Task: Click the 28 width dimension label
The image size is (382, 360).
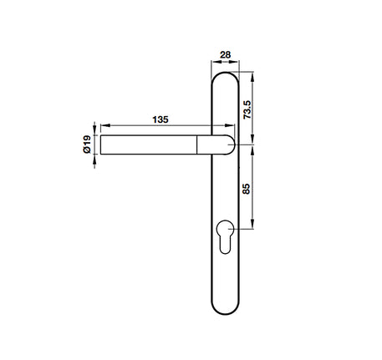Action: tap(224, 55)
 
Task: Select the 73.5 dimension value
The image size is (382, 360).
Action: tap(246, 109)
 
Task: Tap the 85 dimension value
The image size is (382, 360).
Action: tap(246, 188)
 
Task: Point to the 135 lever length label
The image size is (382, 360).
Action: tap(160, 120)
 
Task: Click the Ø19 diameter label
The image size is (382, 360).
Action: tap(86, 146)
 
